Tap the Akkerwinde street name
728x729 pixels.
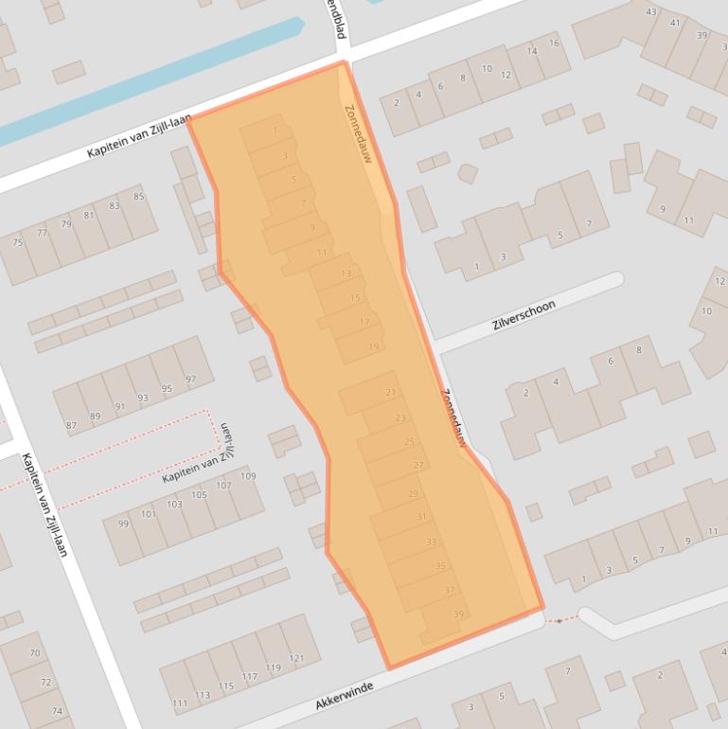coord(345,696)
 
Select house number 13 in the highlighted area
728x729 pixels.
coord(346,274)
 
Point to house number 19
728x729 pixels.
coord(373,347)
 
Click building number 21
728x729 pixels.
coord(391,393)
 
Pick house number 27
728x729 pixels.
coord(418,466)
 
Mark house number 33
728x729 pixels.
coord(431,542)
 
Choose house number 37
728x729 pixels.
coord(450,591)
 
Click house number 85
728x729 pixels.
coord(139,197)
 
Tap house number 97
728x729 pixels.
coord(192,380)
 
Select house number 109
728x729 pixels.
coord(248,476)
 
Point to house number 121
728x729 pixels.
coord(297,658)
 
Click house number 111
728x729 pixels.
coord(180,704)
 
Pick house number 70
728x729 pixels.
coord(35,653)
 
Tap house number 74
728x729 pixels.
coord(57,711)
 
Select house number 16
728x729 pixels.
coord(554,44)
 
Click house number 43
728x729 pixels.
coord(650,12)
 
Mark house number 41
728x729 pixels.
coord(675,23)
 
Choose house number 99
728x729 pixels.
coord(123,525)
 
